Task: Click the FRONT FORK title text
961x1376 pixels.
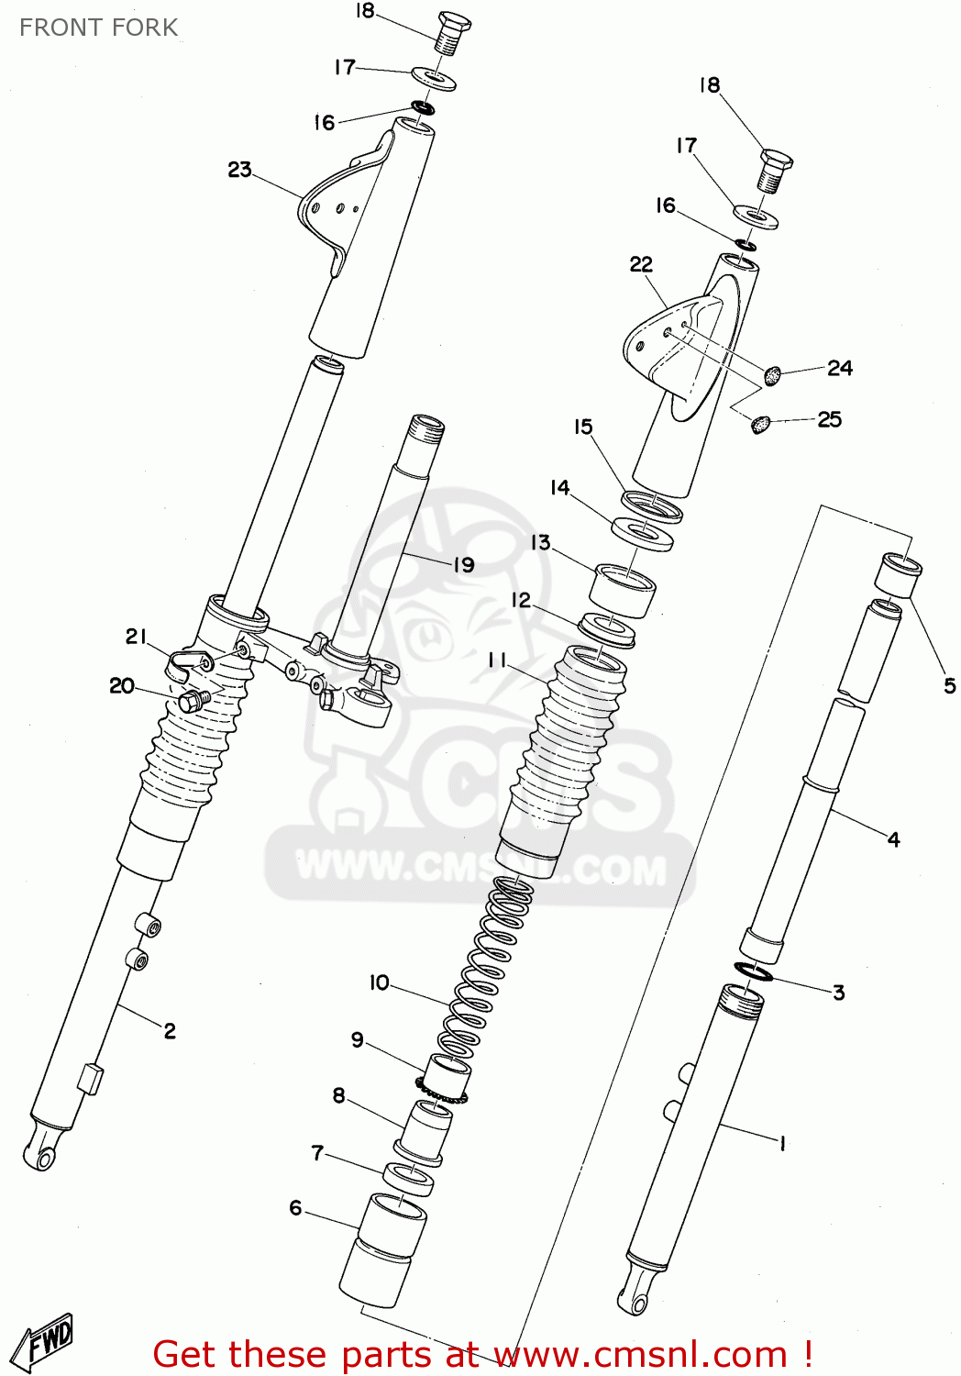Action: coord(98,28)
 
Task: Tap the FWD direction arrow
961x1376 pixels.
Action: coord(48,1340)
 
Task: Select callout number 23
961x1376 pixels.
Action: coord(239,170)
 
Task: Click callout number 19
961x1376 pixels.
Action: coord(464,565)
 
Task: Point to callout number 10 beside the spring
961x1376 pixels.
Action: coord(379,983)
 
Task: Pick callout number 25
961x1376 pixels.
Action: coord(829,420)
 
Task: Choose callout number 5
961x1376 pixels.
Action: coord(949,685)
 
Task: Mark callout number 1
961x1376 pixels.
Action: coord(782,1143)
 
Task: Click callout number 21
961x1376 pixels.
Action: coord(136,637)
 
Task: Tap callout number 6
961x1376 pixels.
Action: coord(295,1208)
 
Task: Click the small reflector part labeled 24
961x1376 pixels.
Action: coord(773,374)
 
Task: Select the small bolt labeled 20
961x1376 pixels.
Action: coord(193,702)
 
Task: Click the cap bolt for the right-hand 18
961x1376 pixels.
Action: coord(776,170)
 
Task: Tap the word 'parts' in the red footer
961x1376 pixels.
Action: coord(387,1355)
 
